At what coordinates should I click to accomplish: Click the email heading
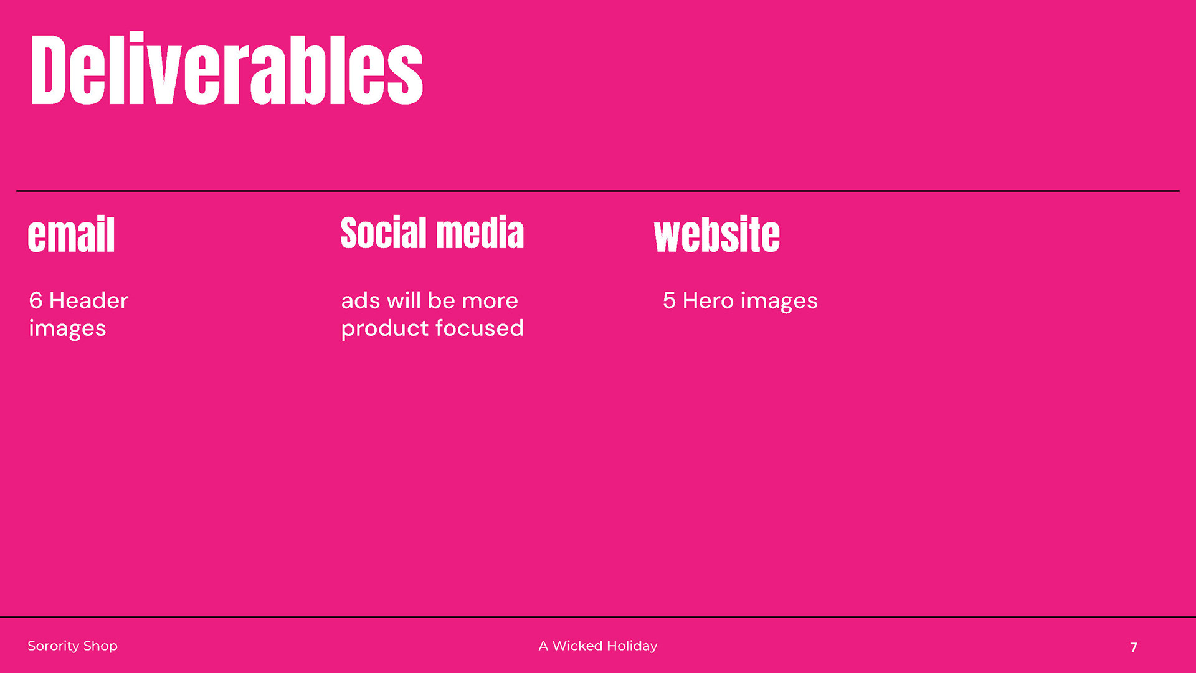(x=72, y=234)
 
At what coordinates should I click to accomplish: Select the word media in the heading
(x=480, y=233)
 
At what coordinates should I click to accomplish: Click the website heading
(x=717, y=234)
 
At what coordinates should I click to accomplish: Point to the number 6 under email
(x=36, y=300)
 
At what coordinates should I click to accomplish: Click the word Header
(x=89, y=300)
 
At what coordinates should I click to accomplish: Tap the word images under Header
(x=67, y=328)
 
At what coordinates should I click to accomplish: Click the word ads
(x=361, y=300)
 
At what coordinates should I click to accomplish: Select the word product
(x=385, y=328)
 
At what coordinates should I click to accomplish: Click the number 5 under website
(x=669, y=300)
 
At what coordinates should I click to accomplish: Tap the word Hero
(x=708, y=300)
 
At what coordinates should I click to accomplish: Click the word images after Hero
(x=779, y=301)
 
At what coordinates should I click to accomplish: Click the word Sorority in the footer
(x=53, y=646)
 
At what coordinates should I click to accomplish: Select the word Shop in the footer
(x=100, y=646)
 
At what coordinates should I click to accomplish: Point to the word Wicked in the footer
(x=577, y=646)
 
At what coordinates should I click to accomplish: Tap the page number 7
(x=1134, y=647)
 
